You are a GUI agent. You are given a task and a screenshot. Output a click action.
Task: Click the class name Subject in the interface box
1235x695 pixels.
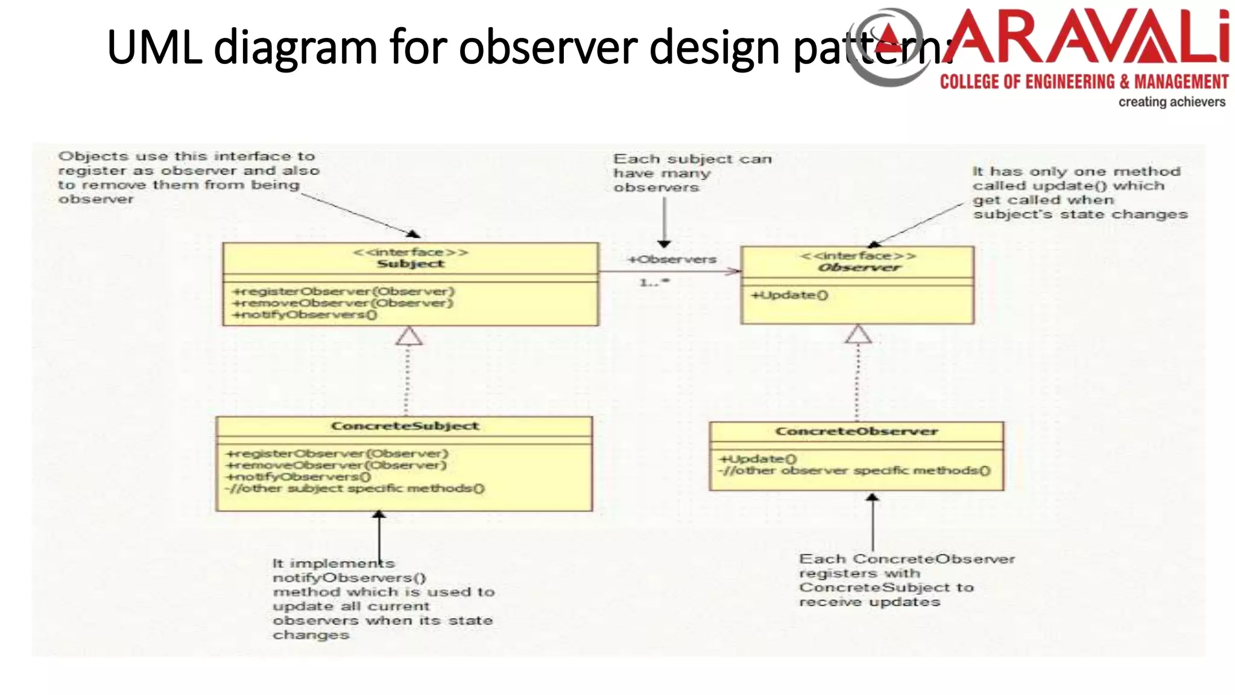click(410, 264)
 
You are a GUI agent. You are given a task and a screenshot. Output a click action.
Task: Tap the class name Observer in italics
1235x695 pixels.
click(859, 268)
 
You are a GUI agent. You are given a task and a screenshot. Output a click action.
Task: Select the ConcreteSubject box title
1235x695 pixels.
click(405, 427)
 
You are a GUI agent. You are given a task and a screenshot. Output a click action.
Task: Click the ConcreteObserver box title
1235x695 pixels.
click(856, 432)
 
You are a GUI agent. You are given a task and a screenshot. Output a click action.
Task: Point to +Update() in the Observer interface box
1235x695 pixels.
click(789, 296)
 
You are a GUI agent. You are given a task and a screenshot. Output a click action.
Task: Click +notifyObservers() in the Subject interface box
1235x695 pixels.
click(305, 315)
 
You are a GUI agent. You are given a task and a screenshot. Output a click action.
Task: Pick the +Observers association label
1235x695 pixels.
click(672, 260)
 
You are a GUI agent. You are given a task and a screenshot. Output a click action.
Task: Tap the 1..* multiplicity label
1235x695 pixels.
click(654, 282)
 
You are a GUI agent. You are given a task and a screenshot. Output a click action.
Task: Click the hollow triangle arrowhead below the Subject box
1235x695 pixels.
click(409, 337)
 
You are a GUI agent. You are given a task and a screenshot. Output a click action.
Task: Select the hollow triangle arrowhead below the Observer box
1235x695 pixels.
click(858, 335)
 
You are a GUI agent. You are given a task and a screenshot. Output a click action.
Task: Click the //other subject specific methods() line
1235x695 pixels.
click(355, 489)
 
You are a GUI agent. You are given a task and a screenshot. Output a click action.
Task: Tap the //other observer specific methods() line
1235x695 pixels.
click(854, 471)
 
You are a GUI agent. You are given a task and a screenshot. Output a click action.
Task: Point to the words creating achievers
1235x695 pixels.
click(1171, 102)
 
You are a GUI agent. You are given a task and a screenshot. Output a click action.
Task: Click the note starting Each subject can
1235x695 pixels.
click(692, 173)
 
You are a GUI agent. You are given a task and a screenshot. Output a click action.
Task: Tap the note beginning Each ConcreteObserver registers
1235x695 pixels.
click(906, 580)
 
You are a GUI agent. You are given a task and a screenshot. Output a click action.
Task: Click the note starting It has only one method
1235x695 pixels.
click(1079, 193)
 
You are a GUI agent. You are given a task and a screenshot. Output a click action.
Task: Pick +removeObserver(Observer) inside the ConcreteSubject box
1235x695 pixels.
click(336, 465)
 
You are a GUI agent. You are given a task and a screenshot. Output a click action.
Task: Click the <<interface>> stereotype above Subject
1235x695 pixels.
click(410, 252)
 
